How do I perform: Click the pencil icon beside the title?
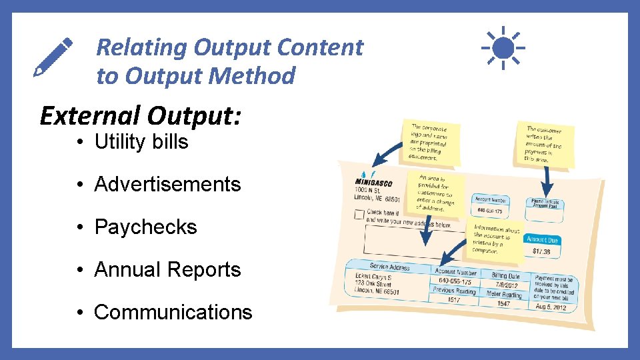coord(53,57)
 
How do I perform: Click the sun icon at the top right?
coord(503,47)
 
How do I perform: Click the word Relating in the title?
coord(141,47)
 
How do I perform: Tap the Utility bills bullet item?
coord(141,142)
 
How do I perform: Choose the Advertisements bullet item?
coord(167,184)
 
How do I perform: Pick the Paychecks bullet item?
coord(145,227)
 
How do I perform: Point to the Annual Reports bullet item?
coord(167,269)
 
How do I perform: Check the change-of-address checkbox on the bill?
coord(359,215)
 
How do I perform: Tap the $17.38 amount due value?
coord(541,251)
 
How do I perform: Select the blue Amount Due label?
coord(542,239)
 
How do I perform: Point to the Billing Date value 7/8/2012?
coord(507,285)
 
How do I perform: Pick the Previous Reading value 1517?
coord(453,300)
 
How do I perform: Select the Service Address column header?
coord(390,267)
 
